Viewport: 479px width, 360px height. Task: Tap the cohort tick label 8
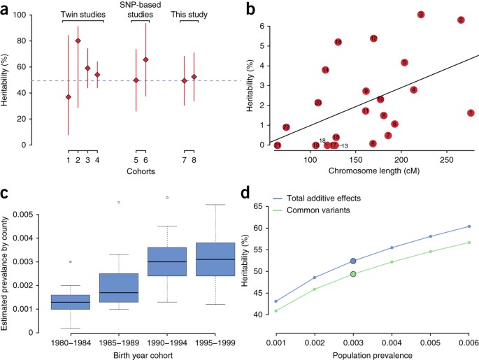click(194, 161)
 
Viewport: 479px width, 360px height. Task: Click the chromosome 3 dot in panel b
click(421, 15)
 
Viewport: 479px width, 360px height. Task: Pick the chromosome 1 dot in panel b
click(471, 113)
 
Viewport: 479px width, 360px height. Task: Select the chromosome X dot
click(383, 115)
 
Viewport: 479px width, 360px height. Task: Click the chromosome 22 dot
click(286, 127)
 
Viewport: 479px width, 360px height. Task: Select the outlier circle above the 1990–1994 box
click(167, 198)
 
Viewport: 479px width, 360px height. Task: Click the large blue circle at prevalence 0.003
click(354, 261)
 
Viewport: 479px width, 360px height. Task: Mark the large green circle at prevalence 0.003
click(354, 274)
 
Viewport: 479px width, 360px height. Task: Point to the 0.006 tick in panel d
click(469, 344)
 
